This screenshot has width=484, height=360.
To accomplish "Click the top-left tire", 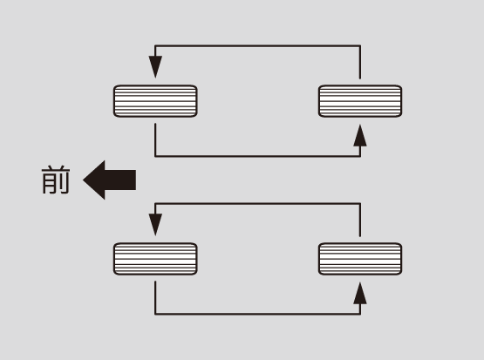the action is click(155, 101).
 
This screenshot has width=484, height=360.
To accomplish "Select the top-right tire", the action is click(360, 101).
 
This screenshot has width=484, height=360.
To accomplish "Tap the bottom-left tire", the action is click(155, 259).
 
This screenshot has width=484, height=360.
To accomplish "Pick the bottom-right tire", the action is click(360, 259).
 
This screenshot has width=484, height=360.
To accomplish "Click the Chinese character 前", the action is click(56, 180).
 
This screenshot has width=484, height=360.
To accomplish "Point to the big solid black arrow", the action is click(110, 180).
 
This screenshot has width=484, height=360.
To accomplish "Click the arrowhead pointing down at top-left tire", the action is click(155, 67).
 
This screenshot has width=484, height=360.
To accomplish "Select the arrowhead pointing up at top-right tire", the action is click(360, 135).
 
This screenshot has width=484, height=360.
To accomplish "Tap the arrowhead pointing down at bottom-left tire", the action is click(155, 225).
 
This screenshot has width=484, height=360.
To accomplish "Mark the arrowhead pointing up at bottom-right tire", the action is click(360, 293).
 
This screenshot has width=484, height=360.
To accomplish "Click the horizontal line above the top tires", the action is click(258, 45).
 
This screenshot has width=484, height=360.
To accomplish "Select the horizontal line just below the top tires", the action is click(258, 156).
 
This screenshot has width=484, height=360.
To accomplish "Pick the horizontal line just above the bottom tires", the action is click(258, 204).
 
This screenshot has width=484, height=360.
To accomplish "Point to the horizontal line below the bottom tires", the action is click(258, 314).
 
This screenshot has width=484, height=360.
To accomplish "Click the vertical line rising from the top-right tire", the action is click(360, 62).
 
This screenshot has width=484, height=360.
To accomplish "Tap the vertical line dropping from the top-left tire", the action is click(155, 140).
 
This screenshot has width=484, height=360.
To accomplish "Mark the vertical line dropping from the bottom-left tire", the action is click(155, 298).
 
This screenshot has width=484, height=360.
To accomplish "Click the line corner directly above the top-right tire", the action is click(360, 45).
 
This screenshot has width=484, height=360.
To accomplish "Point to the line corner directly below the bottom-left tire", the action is click(155, 314).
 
